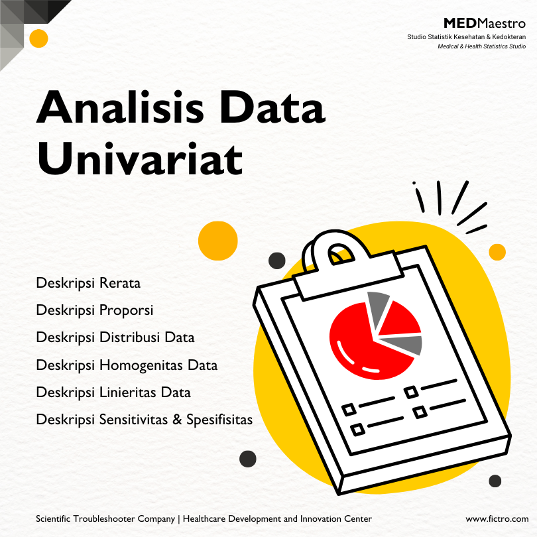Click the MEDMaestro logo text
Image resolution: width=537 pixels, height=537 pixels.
485,23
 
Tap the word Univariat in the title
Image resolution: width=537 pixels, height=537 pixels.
140,158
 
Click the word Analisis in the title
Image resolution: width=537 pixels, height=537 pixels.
120,107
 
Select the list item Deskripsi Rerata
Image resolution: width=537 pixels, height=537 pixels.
88,284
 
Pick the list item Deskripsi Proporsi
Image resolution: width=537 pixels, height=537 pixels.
95,311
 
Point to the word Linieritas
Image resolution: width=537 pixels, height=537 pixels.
128,392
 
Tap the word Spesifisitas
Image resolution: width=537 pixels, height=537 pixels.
219,420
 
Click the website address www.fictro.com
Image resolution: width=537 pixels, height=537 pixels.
497,519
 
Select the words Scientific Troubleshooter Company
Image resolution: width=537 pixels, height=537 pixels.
105,519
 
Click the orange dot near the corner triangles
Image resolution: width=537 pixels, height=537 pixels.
38,38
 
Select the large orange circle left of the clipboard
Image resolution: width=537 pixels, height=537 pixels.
218,241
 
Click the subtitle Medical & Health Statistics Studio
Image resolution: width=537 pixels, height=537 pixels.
481,46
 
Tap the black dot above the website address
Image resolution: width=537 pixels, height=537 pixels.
495,481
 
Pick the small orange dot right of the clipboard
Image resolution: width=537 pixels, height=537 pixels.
497,252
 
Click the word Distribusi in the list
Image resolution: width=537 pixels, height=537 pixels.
131,337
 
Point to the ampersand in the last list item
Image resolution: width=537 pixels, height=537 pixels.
177,420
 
